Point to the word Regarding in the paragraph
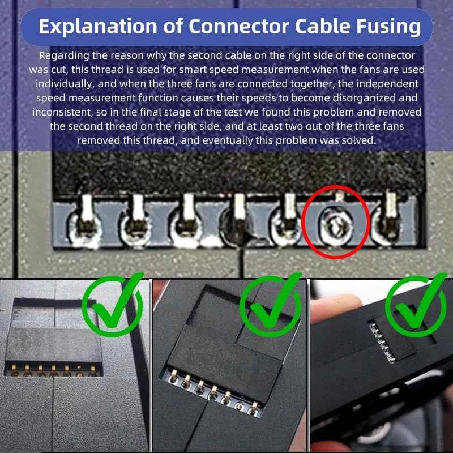click(61, 55)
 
